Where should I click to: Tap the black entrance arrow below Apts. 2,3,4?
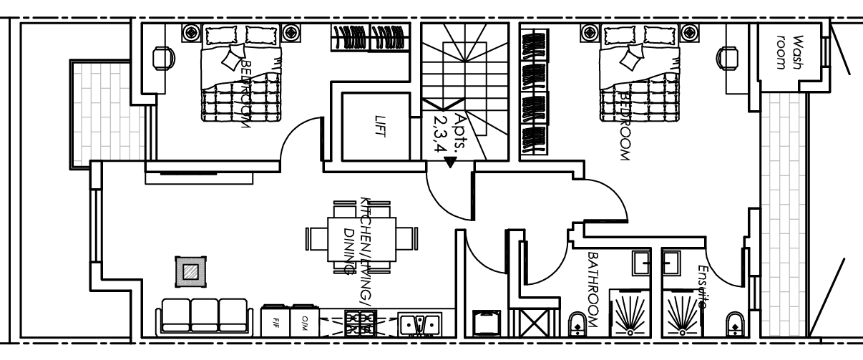tap(449, 163)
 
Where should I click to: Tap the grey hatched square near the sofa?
tap(190, 272)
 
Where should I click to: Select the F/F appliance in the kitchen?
tap(276, 321)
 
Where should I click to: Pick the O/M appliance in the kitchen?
tap(303, 321)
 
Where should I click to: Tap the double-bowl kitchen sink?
tap(420, 324)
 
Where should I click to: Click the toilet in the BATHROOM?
tap(577, 324)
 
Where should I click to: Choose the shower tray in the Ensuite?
tap(682, 312)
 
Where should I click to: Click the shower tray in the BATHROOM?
tap(629, 312)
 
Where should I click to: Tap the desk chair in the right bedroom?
tap(728, 55)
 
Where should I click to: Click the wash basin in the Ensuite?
tap(673, 263)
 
